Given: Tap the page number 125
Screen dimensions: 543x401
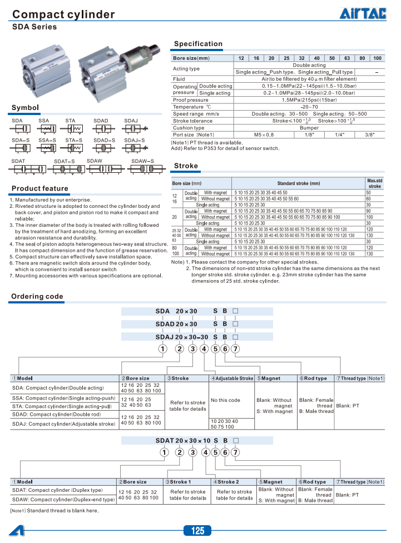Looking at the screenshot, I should click(198, 531).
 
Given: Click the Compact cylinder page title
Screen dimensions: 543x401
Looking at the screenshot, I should click(63, 14).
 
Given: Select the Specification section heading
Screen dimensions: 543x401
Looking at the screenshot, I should click(198, 44).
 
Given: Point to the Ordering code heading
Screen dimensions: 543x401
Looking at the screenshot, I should click(37, 296).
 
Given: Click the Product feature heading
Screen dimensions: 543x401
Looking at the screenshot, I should click(40, 188).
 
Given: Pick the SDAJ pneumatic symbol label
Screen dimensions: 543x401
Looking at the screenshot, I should click(131, 121).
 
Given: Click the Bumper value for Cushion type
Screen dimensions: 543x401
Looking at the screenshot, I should click(309, 128).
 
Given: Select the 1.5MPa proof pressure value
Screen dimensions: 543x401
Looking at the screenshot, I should click(309, 100).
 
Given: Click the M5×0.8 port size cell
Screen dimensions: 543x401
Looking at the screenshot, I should click(264, 134).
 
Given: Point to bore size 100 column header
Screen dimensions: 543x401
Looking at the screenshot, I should click(378, 58).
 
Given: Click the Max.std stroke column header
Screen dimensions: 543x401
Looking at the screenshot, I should click(375, 183).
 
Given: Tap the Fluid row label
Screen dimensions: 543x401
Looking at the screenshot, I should click(179, 79).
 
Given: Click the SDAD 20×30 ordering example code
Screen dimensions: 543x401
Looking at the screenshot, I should click(177, 323).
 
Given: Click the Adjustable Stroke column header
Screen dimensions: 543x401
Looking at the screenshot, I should click(232, 378).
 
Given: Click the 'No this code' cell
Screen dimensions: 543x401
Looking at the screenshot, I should click(226, 400).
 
